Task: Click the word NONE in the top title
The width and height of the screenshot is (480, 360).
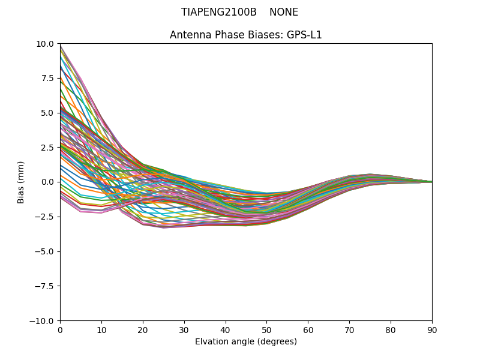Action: click(x=284, y=12)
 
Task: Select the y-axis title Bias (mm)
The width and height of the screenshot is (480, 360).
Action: click(x=21, y=182)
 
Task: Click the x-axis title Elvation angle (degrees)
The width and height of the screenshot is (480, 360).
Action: click(x=246, y=342)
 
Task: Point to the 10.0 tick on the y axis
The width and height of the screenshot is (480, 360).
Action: click(x=45, y=43)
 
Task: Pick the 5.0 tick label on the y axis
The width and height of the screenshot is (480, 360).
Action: click(x=48, y=113)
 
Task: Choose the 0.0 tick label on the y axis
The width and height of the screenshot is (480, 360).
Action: click(x=48, y=182)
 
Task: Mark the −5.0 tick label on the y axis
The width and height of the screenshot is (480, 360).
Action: click(x=46, y=251)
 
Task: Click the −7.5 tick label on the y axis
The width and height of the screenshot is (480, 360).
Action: click(x=46, y=286)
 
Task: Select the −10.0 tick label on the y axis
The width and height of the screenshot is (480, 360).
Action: click(x=43, y=321)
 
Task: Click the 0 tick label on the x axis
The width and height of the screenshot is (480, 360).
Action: click(x=60, y=329)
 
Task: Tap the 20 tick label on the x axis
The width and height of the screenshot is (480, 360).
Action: click(x=143, y=329)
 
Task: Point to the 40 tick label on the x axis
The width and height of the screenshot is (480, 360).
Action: click(x=226, y=329)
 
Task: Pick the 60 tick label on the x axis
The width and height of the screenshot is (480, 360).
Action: click(x=308, y=329)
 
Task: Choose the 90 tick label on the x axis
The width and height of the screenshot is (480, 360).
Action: click(x=432, y=329)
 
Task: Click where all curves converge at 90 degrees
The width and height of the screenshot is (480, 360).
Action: click(x=431, y=182)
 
